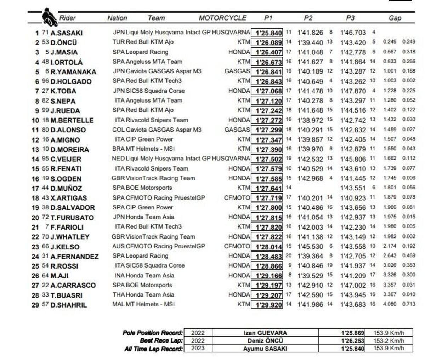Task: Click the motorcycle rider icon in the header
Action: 49,17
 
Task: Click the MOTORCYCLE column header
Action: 222,18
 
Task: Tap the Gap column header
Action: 395,18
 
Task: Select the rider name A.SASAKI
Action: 67,33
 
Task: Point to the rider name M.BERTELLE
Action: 72,120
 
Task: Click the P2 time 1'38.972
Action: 310,120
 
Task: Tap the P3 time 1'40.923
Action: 353,198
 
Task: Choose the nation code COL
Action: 118,130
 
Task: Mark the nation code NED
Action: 118,159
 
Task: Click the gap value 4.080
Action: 390,304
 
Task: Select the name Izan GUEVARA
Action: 265,333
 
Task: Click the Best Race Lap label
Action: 161,341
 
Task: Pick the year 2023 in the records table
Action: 198,348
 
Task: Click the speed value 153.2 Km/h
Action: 389,341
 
